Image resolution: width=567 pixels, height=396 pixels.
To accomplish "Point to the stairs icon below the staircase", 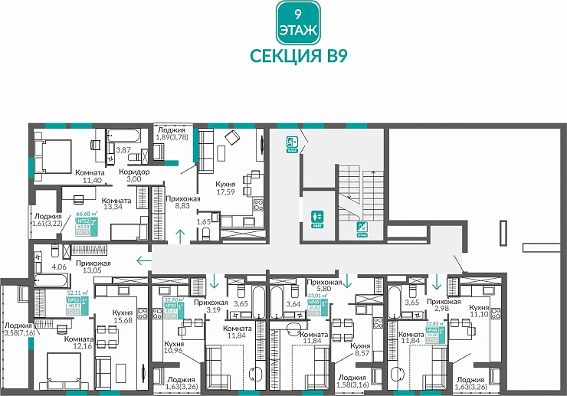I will pyautogui.click(x=361, y=228).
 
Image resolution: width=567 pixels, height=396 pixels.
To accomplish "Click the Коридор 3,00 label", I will pyautogui.click(x=134, y=176).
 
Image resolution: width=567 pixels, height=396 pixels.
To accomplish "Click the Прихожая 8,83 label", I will pyautogui.click(x=182, y=203).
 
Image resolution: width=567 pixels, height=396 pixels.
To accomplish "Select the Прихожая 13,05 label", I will pyautogui.click(x=93, y=266).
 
